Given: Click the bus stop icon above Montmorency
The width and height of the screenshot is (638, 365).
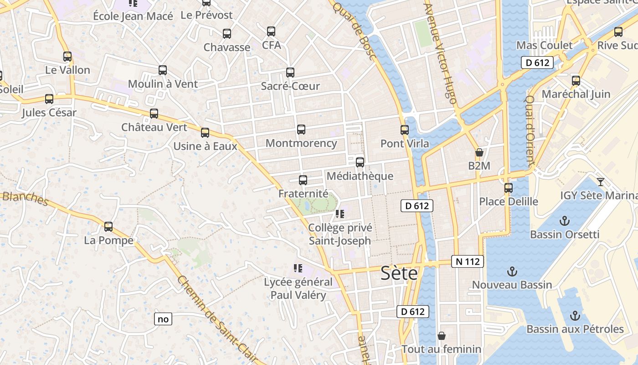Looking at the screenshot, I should coord(301,130).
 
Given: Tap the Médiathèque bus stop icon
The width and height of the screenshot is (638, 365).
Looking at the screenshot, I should coord(360,162).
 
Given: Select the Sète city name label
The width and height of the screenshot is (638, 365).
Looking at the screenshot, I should coord(399,273).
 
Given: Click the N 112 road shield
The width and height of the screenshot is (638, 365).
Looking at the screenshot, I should coord(468,261).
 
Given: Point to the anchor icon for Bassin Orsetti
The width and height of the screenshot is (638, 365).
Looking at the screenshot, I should coord(565,221).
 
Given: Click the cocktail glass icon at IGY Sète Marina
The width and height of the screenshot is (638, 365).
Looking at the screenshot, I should coord(601,182).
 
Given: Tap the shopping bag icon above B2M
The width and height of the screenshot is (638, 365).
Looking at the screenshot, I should coord(479,152).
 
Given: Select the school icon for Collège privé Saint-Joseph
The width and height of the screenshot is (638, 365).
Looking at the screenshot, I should coord(340,214).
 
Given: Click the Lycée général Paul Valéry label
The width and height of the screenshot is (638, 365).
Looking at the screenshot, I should coord(298,288).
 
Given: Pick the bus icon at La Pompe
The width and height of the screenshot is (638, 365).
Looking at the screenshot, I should coord(108,226).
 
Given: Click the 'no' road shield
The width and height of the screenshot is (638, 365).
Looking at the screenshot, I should coord(163,319).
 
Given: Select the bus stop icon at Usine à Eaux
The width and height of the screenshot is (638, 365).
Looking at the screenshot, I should coord(205,133).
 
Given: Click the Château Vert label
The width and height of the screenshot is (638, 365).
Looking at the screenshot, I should coord(154,127).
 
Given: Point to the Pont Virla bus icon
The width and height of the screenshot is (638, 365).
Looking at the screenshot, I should coord(405,130).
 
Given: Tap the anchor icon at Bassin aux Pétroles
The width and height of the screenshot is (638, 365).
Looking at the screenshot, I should coord(575,316).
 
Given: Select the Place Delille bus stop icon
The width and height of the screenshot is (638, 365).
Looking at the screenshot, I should coord(509,188).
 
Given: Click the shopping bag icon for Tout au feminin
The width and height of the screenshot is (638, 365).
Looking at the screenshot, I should coord(441,336).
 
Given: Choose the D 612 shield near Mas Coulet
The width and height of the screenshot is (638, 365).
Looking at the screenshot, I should coord(537,63).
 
